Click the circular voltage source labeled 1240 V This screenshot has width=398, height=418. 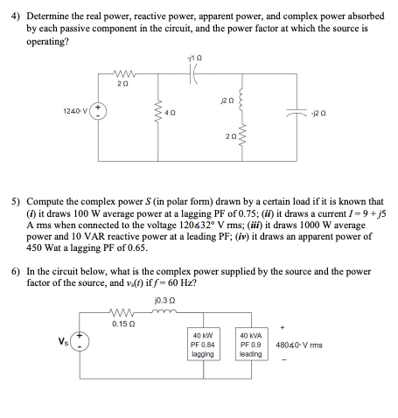point(99,113)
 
